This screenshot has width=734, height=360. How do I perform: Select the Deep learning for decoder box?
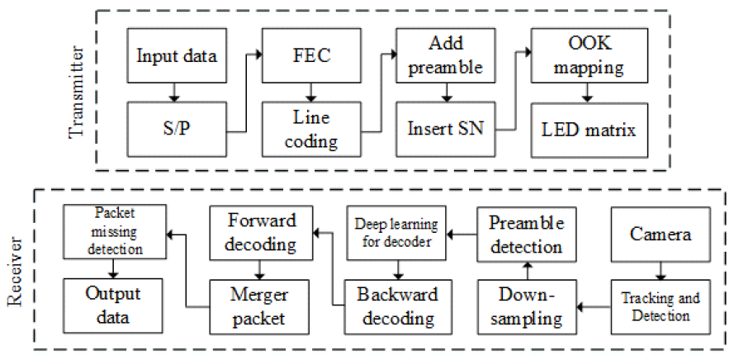coord(398,230)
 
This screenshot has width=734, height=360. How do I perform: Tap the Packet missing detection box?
coord(115,231)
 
